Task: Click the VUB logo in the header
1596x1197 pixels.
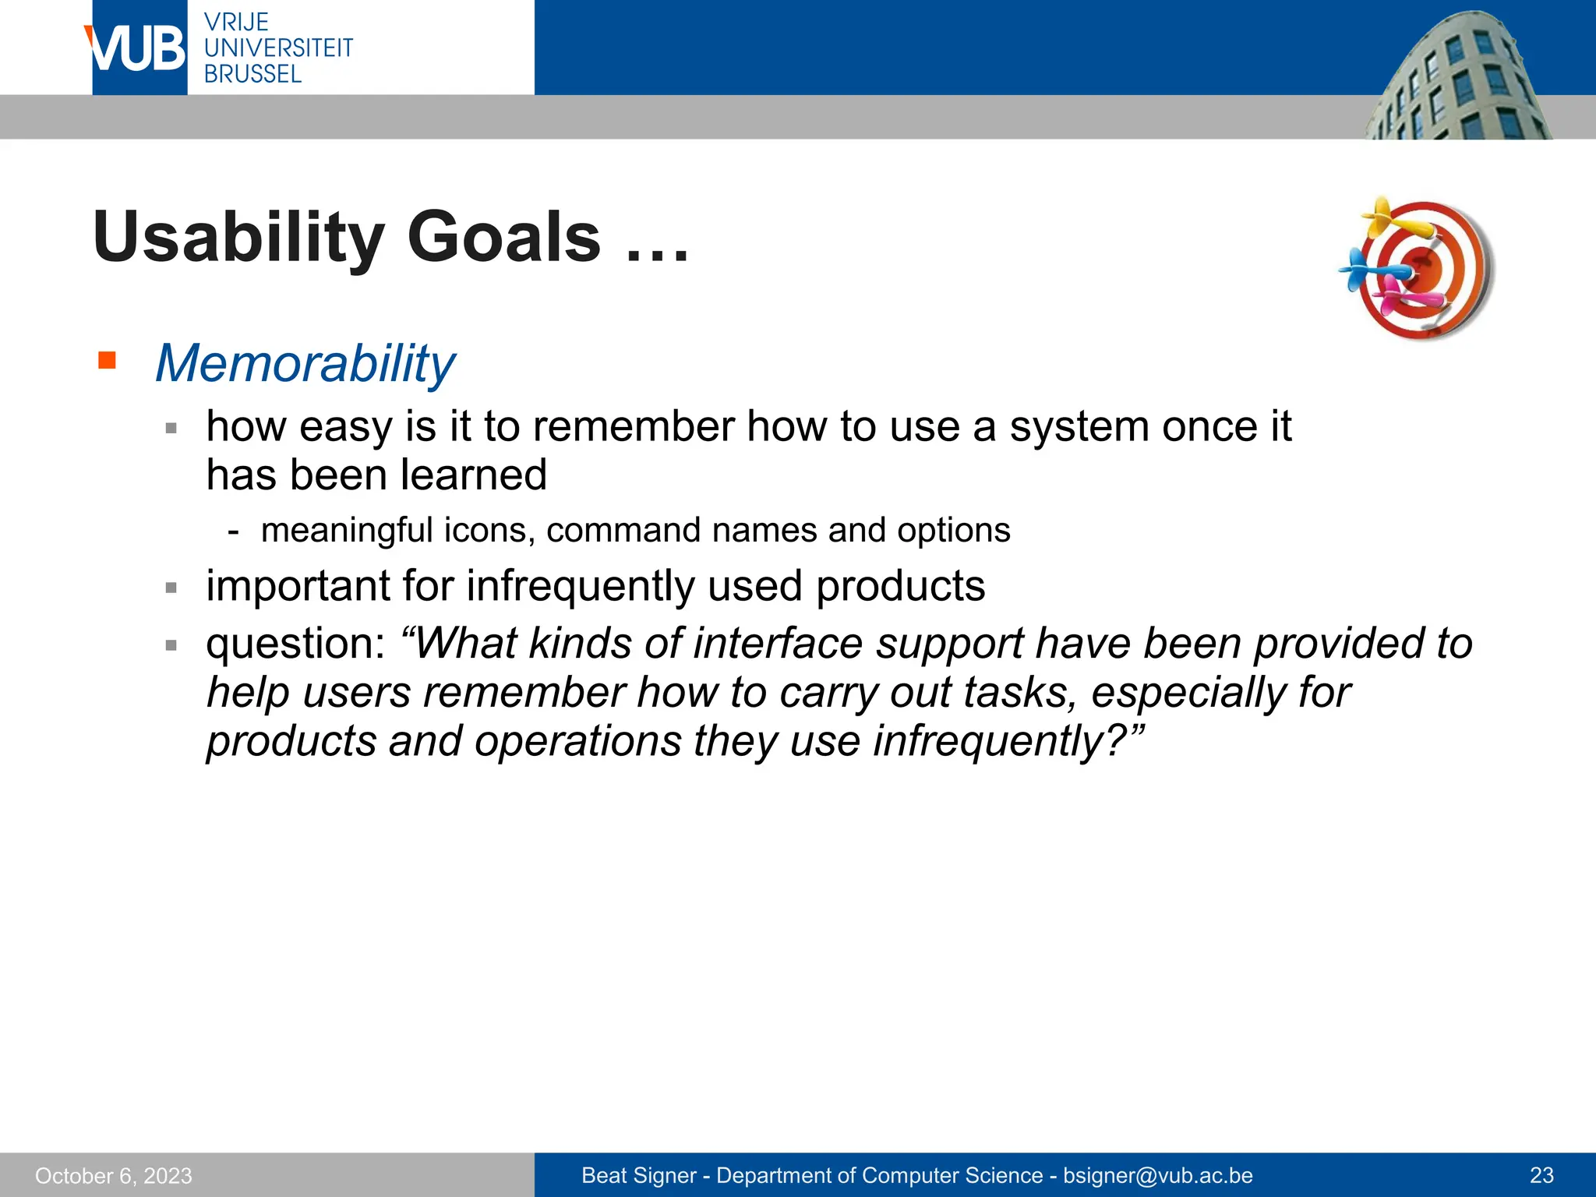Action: coord(139,48)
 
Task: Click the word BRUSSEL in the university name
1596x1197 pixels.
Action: coord(252,74)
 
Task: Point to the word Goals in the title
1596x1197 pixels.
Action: coord(504,238)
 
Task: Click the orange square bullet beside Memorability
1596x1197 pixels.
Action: coord(107,361)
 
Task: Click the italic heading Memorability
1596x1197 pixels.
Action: coord(305,363)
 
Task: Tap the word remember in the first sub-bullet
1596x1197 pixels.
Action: coord(634,426)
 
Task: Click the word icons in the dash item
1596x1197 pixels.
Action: coord(489,531)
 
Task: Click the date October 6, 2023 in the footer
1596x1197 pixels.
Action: coord(114,1175)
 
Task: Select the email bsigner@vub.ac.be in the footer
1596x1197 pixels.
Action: coord(1157,1175)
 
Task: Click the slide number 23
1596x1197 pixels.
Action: coord(1541,1175)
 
